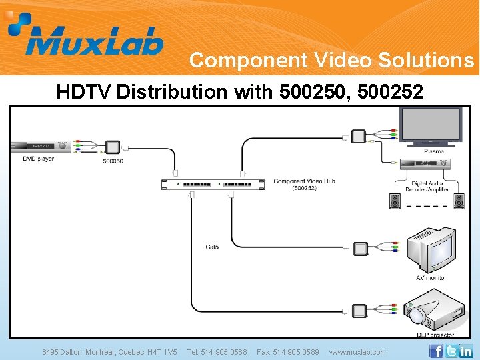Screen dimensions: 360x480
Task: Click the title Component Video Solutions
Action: tap(331, 61)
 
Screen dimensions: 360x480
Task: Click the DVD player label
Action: tap(39, 159)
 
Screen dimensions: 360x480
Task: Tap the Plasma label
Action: tap(433, 151)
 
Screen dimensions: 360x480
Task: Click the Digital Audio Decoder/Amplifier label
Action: tap(431, 187)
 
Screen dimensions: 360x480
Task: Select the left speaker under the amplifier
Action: tap(395, 201)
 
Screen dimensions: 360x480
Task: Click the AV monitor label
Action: tap(431, 277)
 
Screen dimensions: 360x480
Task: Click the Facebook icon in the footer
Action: tap(436, 351)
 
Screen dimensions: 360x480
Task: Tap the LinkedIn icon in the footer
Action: tap(466, 351)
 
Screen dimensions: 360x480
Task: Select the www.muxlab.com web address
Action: tap(357, 352)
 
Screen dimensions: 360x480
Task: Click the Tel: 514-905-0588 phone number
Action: tap(217, 352)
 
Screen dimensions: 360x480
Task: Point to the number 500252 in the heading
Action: tap(390, 91)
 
